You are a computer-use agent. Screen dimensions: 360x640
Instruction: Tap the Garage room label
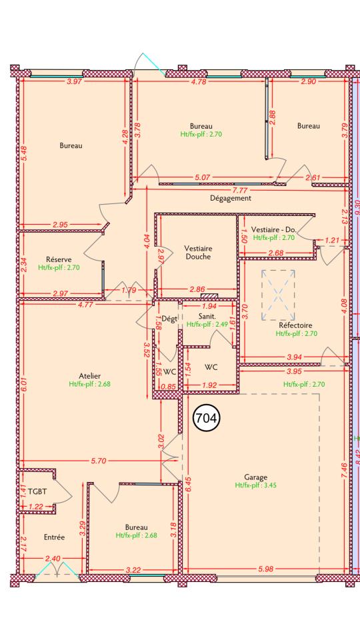point(255,477)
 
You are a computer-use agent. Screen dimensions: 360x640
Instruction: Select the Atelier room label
point(90,376)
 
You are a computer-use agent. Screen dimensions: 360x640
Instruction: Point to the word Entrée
point(54,537)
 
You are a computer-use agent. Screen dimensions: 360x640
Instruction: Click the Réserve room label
point(59,259)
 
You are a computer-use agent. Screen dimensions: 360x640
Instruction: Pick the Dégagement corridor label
point(230,199)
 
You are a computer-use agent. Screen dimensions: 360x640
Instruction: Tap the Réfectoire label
point(295,325)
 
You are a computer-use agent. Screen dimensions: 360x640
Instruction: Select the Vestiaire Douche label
point(197,253)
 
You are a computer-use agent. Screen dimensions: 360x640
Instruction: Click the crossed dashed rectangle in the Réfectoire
point(278,295)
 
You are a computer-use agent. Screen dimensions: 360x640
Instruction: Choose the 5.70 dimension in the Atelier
point(99,461)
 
